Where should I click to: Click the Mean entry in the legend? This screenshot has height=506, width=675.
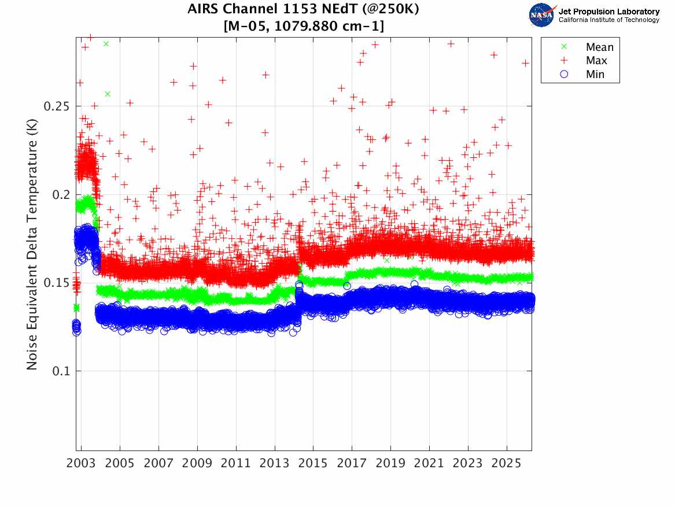[x=599, y=47]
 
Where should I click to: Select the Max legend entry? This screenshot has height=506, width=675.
[x=596, y=61]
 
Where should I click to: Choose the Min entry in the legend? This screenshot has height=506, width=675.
[x=595, y=74]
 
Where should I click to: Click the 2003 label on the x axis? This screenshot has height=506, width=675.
[x=82, y=464]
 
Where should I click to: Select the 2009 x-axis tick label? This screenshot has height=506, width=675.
[x=197, y=464]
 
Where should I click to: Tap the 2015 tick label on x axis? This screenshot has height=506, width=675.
[x=313, y=464]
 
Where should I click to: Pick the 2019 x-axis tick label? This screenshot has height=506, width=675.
[x=390, y=464]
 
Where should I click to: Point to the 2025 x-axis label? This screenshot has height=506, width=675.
[x=507, y=464]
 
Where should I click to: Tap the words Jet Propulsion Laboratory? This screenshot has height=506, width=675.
[x=609, y=11]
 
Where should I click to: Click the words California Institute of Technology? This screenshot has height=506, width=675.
[x=609, y=20]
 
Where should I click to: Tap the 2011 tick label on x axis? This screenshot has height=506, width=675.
[x=236, y=464]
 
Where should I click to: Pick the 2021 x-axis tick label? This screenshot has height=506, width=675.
[x=429, y=464]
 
